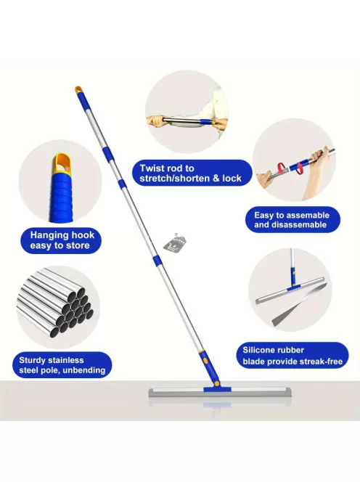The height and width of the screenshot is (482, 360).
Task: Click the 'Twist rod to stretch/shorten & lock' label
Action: click(x=192, y=173)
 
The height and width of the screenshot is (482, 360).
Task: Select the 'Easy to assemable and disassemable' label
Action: click(x=292, y=219)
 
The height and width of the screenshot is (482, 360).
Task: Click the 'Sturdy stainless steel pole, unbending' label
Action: click(x=62, y=365)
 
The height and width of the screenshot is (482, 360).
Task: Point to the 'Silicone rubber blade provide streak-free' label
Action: click(x=292, y=356)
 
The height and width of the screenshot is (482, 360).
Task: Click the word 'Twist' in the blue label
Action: click(x=152, y=168)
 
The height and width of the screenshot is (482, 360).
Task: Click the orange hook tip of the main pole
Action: click(x=78, y=90)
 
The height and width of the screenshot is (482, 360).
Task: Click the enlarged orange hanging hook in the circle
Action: click(x=63, y=165)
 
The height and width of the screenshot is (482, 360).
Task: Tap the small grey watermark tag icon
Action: click(x=175, y=243)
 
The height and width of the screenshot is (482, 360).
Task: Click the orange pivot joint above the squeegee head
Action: click(x=217, y=383)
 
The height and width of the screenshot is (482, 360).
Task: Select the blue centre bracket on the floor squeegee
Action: click(x=217, y=389)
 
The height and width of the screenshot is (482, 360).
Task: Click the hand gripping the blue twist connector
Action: click(x=219, y=124)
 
